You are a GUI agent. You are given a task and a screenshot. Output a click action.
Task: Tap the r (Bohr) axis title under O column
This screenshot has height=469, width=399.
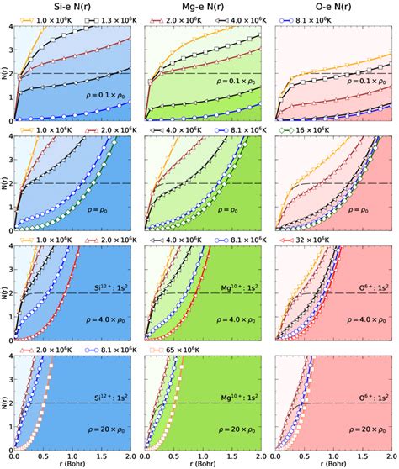(x=336, y=463)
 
